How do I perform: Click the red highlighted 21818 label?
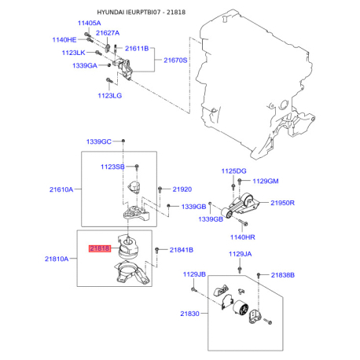click(x=100, y=248)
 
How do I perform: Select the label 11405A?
click(x=89, y=24)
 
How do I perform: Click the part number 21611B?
click(x=138, y=49)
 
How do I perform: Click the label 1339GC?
click(x=99, y=141)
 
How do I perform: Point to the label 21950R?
click(x=282, y=202)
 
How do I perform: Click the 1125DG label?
click(x=233, y=171)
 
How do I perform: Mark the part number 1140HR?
click(x=242, y=236)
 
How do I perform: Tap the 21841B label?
click(x=182, y=250)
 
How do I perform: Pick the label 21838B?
click(x=283, y=274)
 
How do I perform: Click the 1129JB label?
click(x=193, y=274)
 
